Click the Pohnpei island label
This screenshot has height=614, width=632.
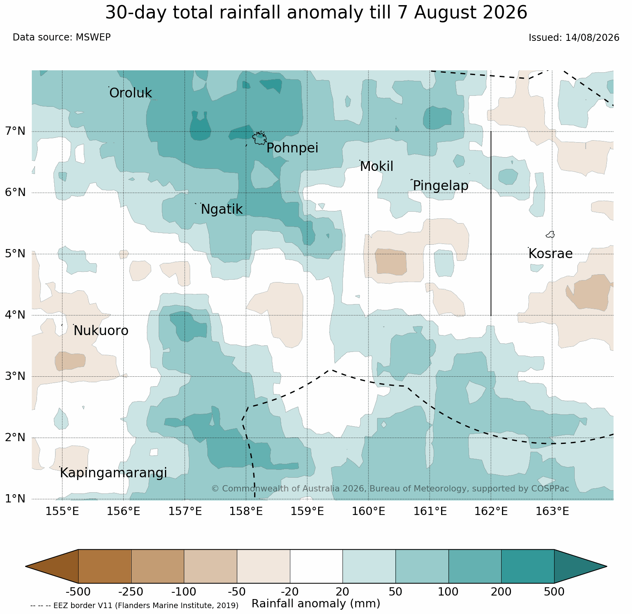coord(292,148)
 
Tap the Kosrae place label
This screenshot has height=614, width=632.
coord(550,254)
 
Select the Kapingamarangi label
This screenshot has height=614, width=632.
coord(113,473)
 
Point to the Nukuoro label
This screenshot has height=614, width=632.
coord(101,331)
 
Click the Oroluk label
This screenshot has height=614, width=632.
coord(130,93)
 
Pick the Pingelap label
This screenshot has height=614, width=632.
coord(441,186)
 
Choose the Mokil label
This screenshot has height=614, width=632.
coord(376,167)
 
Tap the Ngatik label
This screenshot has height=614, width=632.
coord(222,210)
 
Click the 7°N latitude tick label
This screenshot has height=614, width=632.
coord(15,131)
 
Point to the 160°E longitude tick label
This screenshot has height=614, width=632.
coord(368,511)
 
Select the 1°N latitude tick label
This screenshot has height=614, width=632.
coord(15,499)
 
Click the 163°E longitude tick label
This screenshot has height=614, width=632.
coord(552,511)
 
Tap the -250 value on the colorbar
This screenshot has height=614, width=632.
coord(131,592)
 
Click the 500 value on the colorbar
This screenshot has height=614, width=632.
coord(554,592)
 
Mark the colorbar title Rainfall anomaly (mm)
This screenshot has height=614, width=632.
coord(316,604)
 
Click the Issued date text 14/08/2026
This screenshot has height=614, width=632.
coord(592,38)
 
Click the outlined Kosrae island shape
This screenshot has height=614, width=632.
coord(550,235)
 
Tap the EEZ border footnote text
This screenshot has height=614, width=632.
coord(134,605)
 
